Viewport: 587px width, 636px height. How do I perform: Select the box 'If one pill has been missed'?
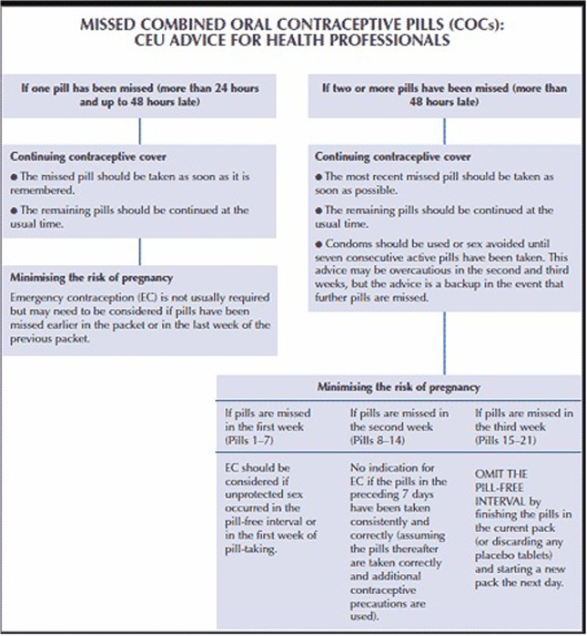pos(139,94)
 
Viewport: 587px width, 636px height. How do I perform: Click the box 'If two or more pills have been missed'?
pos(444,94)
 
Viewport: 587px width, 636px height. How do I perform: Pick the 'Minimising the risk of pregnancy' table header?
pos(398,387)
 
